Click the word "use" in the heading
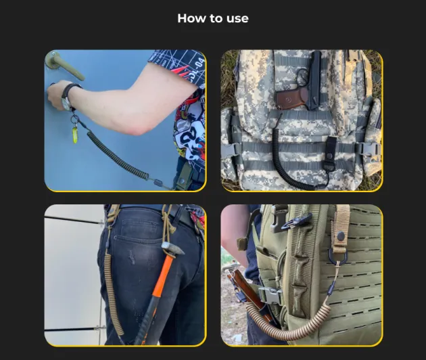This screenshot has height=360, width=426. click(237, 19)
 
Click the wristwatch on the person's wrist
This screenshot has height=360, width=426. click(68, 97)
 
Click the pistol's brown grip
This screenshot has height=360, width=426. click(291, 98)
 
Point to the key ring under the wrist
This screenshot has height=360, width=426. click(74, 119)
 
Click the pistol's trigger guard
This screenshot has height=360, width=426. click(303, 78)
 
